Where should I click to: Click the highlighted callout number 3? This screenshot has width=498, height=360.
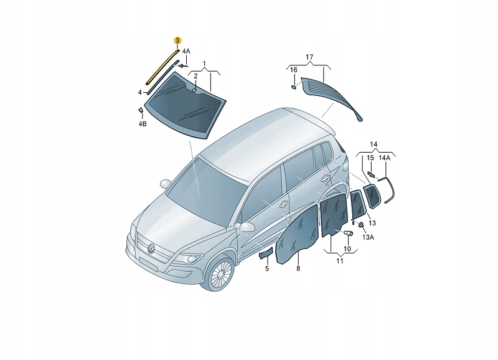tap(177, 40)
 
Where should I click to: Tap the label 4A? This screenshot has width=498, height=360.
tap(186, 51)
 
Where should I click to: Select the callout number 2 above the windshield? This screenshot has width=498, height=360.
tap(195, 76)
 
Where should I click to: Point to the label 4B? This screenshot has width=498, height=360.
tap(143, 124)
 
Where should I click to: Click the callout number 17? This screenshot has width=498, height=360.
tap(309, 57)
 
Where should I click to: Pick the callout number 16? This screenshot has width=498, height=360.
tap(294, 70)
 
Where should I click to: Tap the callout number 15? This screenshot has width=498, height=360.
tap(370, 158)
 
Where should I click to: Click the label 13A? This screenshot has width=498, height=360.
tap(368, 237)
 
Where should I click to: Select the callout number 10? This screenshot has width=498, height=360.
tap(347, 249)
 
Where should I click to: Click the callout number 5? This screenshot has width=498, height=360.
tap(267, 268)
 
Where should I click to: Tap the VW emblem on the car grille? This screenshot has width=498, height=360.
tap(151, 248)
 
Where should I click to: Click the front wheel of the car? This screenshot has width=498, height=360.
tap(218, 273)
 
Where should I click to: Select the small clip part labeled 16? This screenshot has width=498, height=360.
tap(294, 87)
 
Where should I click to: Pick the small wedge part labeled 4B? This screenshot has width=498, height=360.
tap(140, 110)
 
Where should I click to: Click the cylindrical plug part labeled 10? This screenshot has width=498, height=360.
tap(349, 233)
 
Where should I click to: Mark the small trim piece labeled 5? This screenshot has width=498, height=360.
tap(266, 253)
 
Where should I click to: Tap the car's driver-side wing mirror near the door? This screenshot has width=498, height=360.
tap(247, 227)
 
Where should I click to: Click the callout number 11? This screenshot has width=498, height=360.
tap(340, 261)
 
